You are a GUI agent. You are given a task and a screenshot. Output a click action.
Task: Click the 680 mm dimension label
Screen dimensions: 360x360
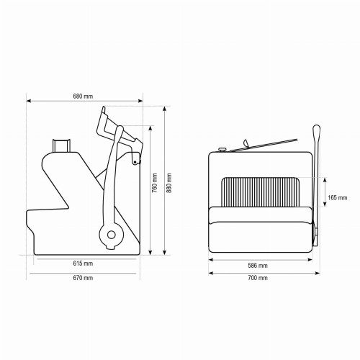83,96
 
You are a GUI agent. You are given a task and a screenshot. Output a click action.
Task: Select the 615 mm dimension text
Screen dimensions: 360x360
83,264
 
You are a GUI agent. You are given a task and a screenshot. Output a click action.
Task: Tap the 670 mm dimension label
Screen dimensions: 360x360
83,278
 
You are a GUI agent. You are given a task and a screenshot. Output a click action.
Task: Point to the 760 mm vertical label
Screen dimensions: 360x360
155,183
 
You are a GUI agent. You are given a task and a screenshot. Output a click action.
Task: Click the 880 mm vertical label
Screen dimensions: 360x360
169,183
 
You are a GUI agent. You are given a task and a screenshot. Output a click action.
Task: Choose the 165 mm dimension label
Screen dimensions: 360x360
338,198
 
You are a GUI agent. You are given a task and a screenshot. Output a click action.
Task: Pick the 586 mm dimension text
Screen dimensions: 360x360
258,266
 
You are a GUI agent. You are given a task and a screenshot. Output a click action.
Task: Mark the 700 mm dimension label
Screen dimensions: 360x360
258,278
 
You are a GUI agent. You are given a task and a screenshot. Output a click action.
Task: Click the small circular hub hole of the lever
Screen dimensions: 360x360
112,235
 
